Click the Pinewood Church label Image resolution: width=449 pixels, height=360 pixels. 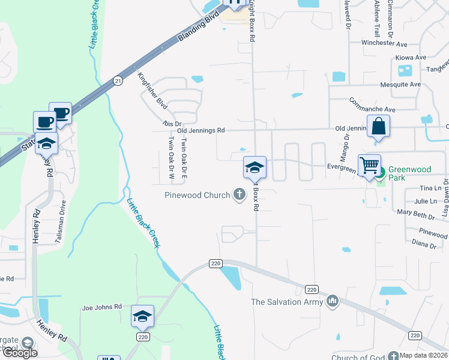tap(197, 195)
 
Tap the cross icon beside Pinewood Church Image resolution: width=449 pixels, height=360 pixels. tap(240, 194)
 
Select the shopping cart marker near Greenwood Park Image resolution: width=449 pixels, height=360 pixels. tap(369, 165)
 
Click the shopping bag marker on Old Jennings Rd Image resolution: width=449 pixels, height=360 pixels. tap(379, 127)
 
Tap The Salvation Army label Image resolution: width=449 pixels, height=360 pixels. tap(286, 302)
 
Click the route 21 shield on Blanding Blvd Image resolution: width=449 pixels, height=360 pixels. tap(118, 80)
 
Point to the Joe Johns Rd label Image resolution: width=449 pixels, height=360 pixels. tap(101, 307)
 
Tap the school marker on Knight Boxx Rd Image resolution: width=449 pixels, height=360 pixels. tap(255, 167)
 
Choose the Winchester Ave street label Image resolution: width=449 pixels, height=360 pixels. tap(384, 43)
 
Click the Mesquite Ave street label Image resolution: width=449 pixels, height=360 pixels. tap(400, 85)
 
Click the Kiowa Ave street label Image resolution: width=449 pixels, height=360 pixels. tap(411, 58)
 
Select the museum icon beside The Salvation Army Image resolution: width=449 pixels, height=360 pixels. tap(333, 301)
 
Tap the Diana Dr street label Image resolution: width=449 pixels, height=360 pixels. tap(424, 244)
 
